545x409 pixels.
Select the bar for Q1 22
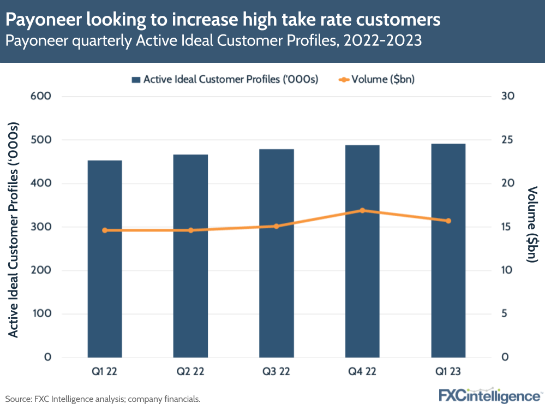[x=105, y=259]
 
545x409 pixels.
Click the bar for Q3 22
[x=277, y=254]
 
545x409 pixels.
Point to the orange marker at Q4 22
[x=362, y=210]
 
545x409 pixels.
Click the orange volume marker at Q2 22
[x=190, y=230]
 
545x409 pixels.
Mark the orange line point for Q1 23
[x=448, y=221]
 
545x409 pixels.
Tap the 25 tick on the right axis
[x=508, y=140]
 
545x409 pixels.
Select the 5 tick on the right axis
[x=505, y=314]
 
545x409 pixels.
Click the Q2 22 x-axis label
[x=190, y=372]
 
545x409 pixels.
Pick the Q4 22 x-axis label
[x=362, y=372]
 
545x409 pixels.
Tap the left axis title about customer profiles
[x=14, y=227]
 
